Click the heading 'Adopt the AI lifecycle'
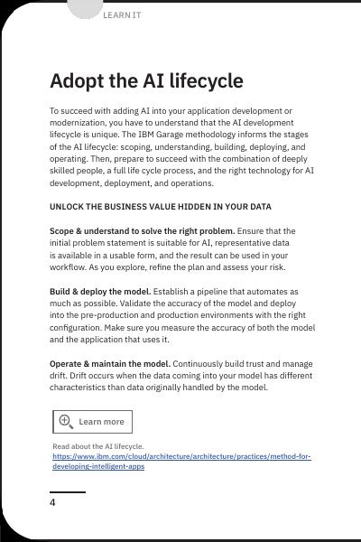146,81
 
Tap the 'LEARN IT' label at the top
122,15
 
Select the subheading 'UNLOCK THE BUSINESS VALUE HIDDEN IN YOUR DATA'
160,207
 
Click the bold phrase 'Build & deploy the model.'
99,292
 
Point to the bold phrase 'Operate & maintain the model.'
109,363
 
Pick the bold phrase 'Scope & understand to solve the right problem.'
142,231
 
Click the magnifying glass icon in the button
66,421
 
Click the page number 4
52,502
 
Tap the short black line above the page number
68,492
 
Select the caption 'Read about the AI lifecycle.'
97,446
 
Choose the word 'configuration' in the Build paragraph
76,328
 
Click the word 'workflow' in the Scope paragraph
67,267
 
